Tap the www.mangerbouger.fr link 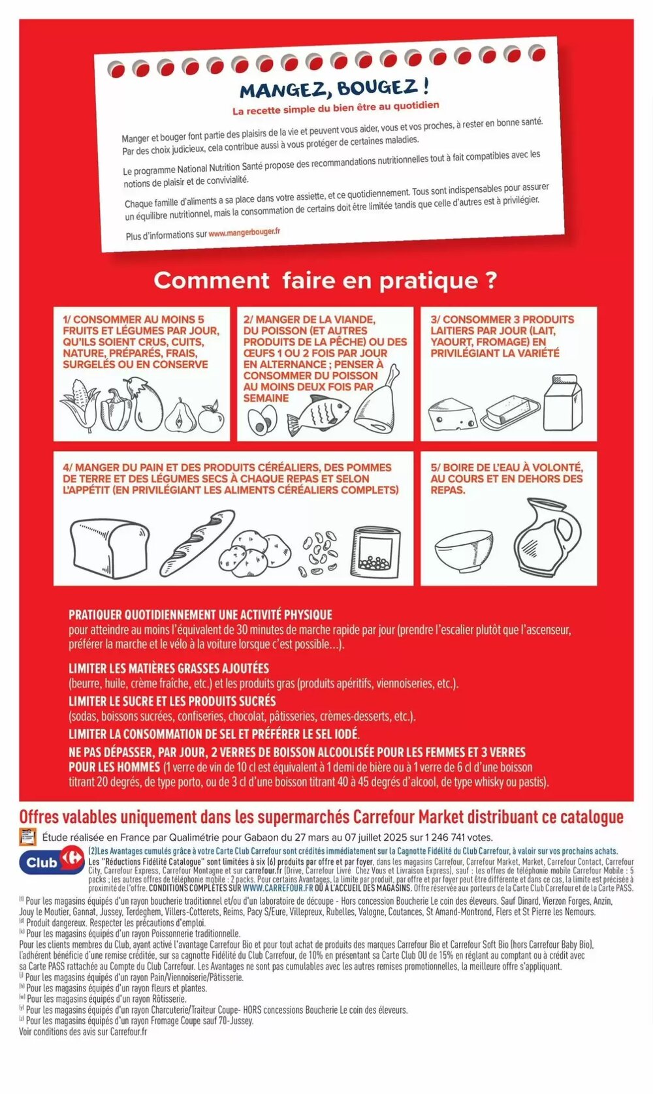(244, 232)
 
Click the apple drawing (211, 417)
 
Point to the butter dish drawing (511, 411)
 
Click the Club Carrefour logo (52, 862)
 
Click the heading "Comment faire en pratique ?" (325, 281)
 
